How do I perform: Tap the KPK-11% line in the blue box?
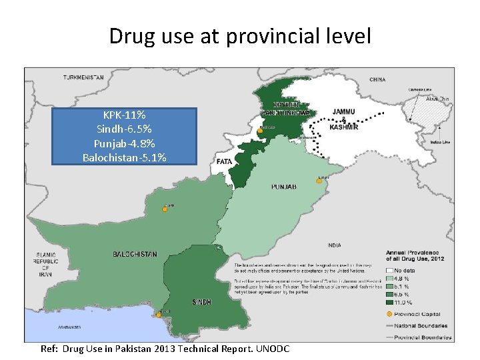125,116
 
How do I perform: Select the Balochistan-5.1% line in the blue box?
125,157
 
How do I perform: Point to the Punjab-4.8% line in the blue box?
125,143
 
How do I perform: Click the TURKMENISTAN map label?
83,78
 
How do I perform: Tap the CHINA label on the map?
377,80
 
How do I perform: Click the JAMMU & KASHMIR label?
345,119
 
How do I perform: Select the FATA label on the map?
225,161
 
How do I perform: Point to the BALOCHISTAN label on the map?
135,254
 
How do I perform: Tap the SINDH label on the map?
202,302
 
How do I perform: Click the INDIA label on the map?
335,245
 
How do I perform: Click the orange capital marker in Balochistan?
165,209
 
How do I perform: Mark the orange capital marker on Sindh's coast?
159,315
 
